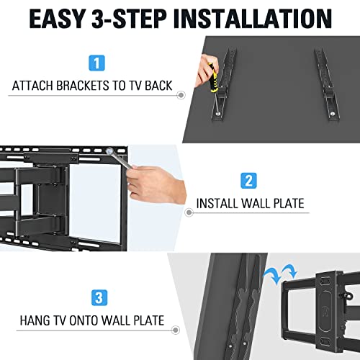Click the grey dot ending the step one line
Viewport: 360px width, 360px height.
click(181, 94)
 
